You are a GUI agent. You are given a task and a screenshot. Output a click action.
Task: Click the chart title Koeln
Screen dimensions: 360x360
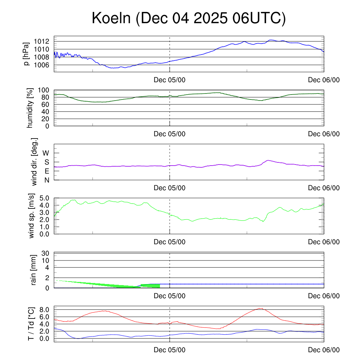[x=189, y=18]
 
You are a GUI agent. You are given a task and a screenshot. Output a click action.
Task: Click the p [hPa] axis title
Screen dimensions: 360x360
[x=26, y=54]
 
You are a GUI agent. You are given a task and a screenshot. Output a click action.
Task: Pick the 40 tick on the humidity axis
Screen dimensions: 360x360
[x=47, y=111]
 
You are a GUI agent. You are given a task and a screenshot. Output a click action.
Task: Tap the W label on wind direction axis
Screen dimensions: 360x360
[x=46, y=153]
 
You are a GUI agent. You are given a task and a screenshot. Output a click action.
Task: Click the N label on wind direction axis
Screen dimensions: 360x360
[x=47, y=180]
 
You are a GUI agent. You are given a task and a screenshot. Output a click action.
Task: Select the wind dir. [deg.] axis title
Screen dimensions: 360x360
[x=34, y=162]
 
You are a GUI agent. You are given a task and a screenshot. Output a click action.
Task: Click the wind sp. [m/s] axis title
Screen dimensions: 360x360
[x=32, y=216]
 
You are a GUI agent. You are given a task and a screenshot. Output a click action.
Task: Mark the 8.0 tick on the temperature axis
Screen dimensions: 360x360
[x=45, y=310]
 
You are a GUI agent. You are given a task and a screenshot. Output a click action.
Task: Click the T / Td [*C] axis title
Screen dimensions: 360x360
[x=31, y=324]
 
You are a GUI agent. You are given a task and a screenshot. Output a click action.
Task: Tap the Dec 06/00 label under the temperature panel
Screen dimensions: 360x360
[x=324, y=350]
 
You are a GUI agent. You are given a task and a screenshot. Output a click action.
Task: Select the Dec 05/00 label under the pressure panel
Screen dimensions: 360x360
[x=169, y=80]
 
